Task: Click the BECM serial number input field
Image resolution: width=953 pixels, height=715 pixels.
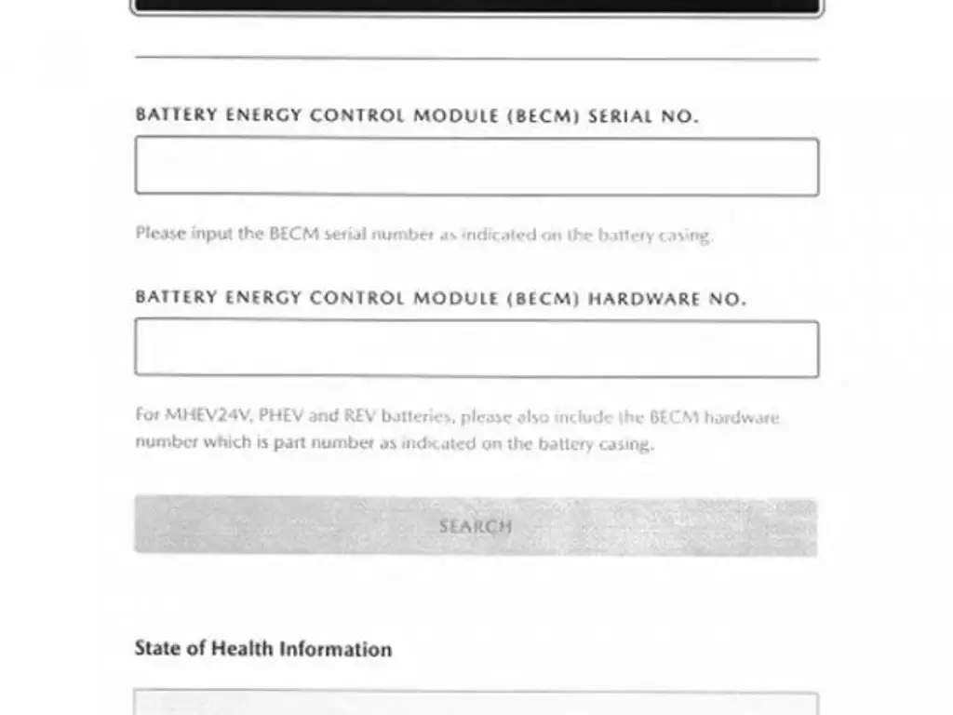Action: [x=476, y=167]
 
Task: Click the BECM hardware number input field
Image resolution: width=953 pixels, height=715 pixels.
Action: [x=476, y=348]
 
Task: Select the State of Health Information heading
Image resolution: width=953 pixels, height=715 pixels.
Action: [x=262, y=649]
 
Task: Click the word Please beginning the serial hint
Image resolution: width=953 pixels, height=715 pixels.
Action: [x=160, y=234]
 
